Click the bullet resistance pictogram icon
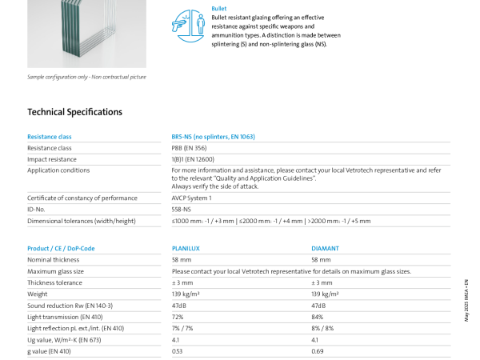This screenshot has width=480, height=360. click(188, 25)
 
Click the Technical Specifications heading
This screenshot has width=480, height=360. click(75, 112)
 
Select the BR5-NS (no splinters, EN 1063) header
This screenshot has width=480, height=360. click(214, 137)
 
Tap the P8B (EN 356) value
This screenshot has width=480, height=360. click(188, 148)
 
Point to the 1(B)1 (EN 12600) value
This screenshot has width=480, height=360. click(193, 159)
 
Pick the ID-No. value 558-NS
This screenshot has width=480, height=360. click(182, 209)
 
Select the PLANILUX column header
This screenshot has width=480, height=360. click(186, 249)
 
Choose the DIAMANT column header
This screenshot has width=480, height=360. click(325, 249)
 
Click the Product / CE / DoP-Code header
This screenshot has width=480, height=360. click(61, 249)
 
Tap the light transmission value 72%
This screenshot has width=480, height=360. click(178, 317)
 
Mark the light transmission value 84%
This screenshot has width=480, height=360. click(318, 317)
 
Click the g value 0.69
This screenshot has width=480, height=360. click(317, 351)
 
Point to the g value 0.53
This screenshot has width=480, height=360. click(178, 351)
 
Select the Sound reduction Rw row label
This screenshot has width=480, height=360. click(70, 306)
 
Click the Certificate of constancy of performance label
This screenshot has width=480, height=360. click(82, 198)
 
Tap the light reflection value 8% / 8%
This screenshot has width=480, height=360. click(322, 328)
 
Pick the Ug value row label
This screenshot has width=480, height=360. click(64, 340)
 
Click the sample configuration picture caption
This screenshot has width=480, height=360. click(86, 77)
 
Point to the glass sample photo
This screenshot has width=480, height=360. click(86, 32)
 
